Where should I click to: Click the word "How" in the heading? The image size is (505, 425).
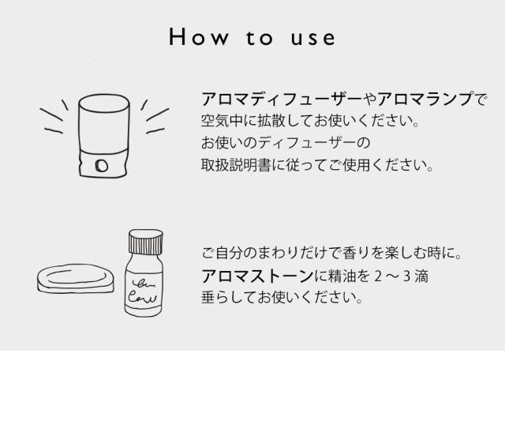point(196,38)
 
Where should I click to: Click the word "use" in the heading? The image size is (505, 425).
point(312,38)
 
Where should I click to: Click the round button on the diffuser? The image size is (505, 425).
point(102,164)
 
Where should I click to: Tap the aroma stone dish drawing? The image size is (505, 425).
point(77,277)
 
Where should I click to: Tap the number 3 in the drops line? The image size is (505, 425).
point(408,277)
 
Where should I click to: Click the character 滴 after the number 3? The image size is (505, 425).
point(425,277)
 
